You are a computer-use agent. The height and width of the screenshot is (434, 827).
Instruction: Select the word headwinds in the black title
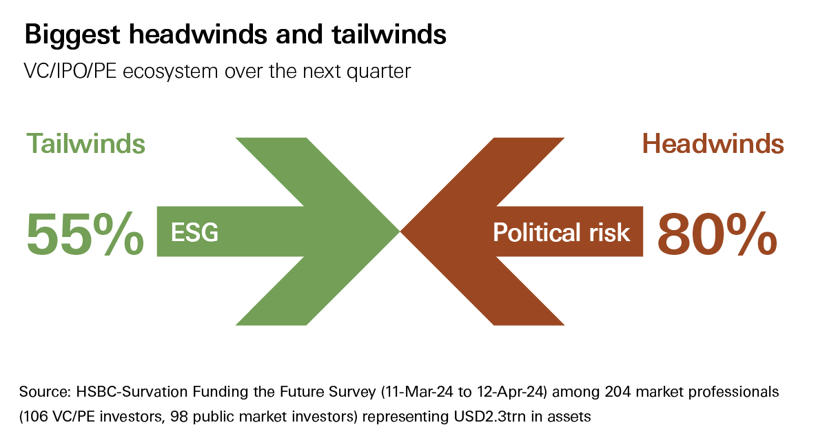[x=198, y=34]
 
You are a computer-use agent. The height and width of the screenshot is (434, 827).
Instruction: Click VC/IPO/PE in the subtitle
[x=70, y=71]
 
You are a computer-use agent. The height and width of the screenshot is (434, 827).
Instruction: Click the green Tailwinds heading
[x=85, y=143]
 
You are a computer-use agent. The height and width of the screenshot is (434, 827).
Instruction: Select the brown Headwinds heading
[x=713, y=143]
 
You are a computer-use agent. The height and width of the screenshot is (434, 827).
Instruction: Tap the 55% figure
[x=85, y=234]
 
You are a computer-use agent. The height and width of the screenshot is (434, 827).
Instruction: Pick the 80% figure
[x=717, y=234]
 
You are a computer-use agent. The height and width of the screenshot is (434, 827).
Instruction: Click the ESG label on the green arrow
[x=194, y=232]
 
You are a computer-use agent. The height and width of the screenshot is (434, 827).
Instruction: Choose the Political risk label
[x=562, y=233]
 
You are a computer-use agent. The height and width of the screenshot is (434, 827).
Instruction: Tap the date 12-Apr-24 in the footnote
[x=512, y=391]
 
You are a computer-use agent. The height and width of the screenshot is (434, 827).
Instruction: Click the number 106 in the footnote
[x=35, y=417]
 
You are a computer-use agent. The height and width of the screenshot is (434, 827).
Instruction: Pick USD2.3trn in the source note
[x=489, y=417]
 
